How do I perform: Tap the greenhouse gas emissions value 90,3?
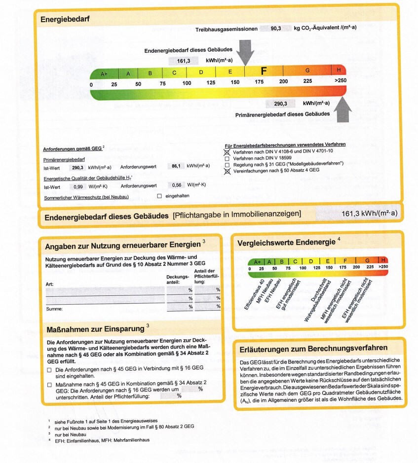(x=276, y=29)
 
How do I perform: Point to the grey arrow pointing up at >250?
(x=343, y=109)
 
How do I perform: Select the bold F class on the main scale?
(x=264, y=71)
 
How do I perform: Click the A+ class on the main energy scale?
(x=104, y=73)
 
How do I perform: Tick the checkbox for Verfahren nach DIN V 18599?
(x=227, y=158)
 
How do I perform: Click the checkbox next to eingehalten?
(x=159, y=196)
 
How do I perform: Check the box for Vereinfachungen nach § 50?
(x=227, y=171)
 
